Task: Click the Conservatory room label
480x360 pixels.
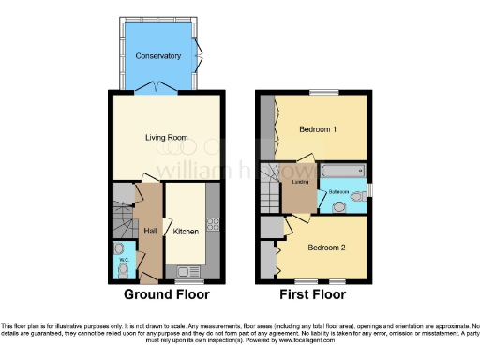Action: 157,56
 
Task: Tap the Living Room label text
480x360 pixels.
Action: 166,138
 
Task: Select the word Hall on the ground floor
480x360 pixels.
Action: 148,231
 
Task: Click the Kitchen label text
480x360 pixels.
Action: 186,231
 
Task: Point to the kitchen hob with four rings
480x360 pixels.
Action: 212,224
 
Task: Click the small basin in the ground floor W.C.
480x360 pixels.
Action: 117,249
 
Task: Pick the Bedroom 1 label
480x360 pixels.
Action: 318,129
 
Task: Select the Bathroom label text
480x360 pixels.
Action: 339,192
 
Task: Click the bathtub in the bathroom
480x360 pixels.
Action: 342,172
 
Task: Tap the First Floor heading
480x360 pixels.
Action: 313,294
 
